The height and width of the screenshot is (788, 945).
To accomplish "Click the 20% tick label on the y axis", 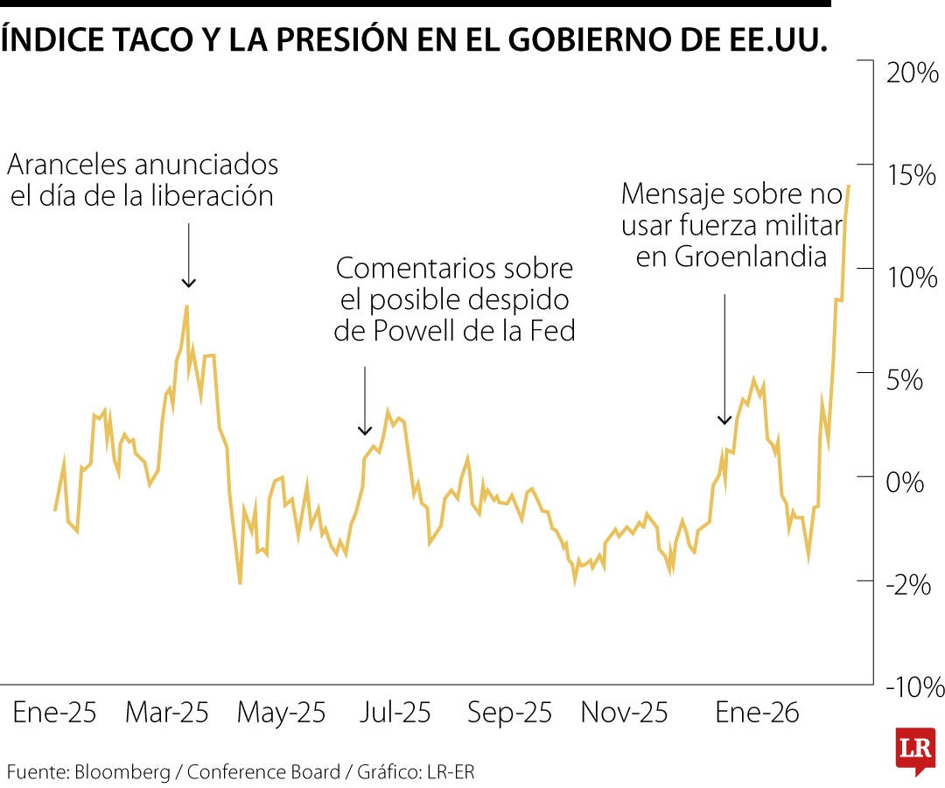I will coord(912,74).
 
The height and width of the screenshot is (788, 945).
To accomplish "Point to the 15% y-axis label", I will coord(912,175).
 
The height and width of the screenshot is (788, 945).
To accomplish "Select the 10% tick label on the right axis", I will coord(912,278).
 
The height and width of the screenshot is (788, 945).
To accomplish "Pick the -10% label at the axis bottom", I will coord(915,687).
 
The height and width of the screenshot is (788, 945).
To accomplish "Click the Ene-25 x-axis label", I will coord(54,713).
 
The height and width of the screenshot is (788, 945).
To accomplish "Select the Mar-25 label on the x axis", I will coord(167,713).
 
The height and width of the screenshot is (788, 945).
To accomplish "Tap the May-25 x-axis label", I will coord(281,713).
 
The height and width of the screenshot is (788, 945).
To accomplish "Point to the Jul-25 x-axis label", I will coord(395,713).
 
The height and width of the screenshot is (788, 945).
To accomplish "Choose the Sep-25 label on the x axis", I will coord(509,713).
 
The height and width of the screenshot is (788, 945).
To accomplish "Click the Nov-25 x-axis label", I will coord(624,713).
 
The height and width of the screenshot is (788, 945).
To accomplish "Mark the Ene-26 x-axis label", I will coord(757,713).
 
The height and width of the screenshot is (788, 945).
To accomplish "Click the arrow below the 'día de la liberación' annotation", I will coord(188,255).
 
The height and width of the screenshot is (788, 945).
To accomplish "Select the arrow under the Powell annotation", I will coord(365,401).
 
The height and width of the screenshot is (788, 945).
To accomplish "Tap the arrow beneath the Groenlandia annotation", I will coord(724,360).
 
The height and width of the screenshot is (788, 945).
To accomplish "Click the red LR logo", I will coord(915,749).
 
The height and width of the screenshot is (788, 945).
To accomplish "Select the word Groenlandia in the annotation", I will coord(740,257).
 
